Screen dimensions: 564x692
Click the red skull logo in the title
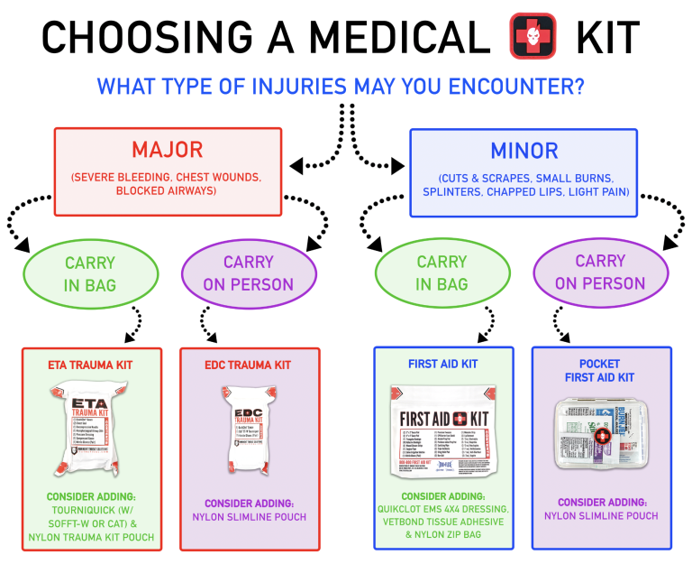pos(533,36)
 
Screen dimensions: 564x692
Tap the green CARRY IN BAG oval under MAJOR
pos(90,273)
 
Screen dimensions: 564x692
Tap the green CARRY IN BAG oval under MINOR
pos(442,273)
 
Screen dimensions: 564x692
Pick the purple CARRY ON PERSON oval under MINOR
pos(600,273)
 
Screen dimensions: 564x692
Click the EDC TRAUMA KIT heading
pos(247,365)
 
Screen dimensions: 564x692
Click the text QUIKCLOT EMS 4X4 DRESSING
pos(442,510)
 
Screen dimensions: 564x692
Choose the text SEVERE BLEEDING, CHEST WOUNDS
pos(168,177)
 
